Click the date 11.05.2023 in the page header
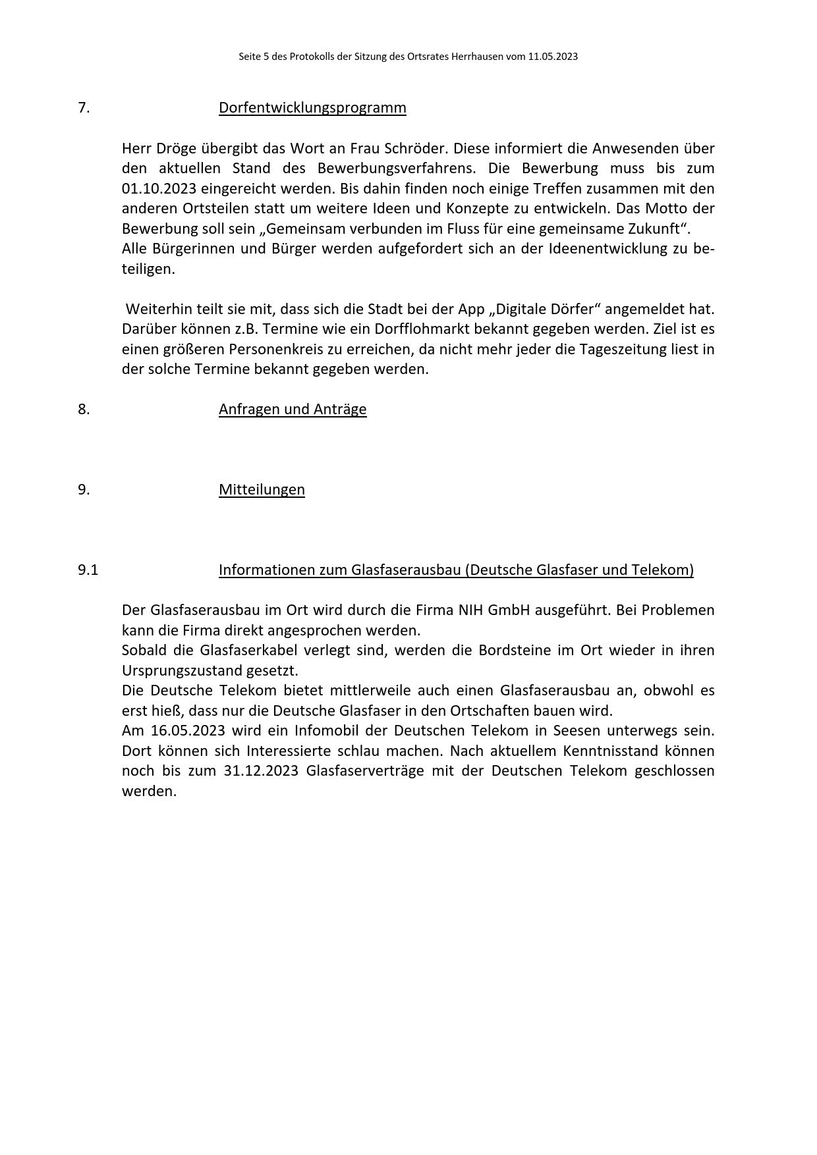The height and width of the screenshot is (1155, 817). click(x=552, y=57)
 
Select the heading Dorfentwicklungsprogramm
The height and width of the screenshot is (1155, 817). click(x=312, y=107)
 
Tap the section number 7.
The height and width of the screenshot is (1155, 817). click(x=84, y=107)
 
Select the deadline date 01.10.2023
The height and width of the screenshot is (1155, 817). click(x=159, y=188)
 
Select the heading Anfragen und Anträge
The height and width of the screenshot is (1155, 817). click(x=293, y=409)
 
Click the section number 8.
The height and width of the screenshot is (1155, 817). click(x=84, y=409)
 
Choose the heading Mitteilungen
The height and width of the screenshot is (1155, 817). click(x=262, y=489)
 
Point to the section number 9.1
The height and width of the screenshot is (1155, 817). click(x=88, y=570)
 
